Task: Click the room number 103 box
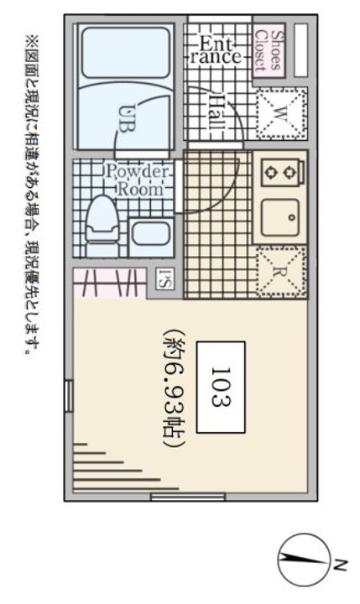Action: tap(221, 387)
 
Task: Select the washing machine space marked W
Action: tap(281, 113)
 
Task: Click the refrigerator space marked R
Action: tap(281, 272)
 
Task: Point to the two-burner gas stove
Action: tap(282, 173)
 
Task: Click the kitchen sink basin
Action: tap(279, 217)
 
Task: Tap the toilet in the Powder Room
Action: tap(102, 226)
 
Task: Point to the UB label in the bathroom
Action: tap(127, 118)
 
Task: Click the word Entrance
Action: tap(216, 50)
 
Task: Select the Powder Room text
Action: tap(138, 180)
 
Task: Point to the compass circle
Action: tap(305, 560)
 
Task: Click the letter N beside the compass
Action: tap(341, 565)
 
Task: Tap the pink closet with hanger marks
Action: tap(110, 284)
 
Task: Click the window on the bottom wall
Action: tap(188, 497)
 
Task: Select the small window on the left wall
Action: tap(69, 396)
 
